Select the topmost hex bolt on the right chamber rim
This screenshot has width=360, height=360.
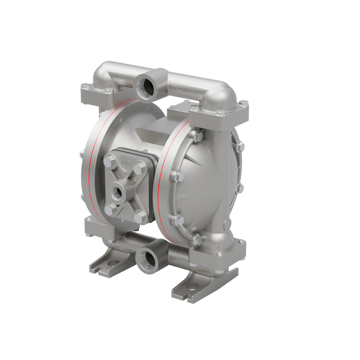(x=198, y=137)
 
